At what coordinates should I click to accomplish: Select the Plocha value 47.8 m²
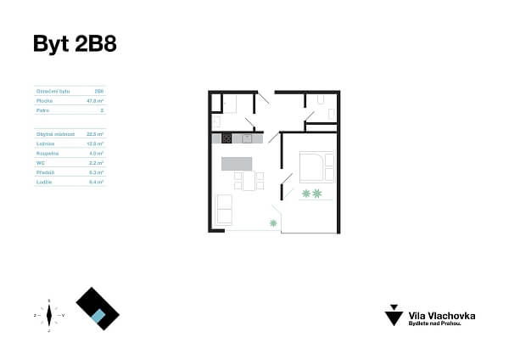[x=94, y=99]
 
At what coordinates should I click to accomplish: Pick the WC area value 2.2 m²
[x=95, y=162]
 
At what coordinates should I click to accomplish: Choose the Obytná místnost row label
[x=55, y=133]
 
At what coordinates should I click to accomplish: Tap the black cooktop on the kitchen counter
[x=227, y=138]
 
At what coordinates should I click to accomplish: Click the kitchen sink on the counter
[x=247, y=138]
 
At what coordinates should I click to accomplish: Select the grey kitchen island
[x=239, y=163]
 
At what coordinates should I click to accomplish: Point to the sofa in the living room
[x=224, y=209]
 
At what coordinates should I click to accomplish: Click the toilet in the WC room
[x=321, y=101]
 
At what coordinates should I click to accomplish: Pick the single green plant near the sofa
[x=273, y=222]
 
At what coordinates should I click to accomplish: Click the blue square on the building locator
[x=99, y=316]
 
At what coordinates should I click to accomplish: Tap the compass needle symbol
[x=50, y=315]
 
